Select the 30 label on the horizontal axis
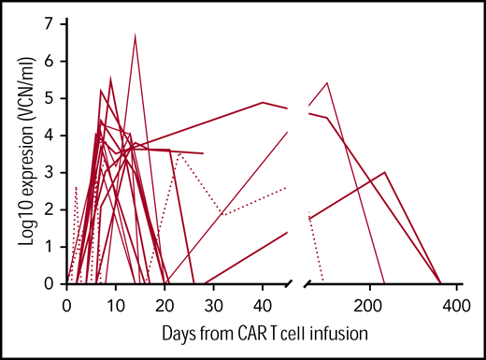pos(213,305)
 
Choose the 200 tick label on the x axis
pos(370,305)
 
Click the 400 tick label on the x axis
pos(455,305)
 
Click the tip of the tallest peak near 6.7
pos(136,35)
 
